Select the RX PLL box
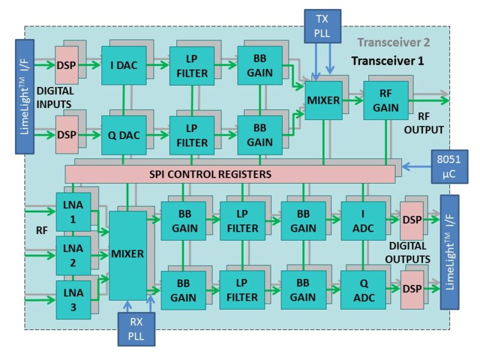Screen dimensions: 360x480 (136, 329)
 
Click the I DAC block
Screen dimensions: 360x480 (124, 66)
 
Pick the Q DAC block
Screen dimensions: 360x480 (124, 135)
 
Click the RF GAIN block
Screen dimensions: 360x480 (385, 100)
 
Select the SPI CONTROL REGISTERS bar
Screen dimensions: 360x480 (230, 175)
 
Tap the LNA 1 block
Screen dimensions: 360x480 (73, 212)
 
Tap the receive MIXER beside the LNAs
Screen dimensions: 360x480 (128, 254)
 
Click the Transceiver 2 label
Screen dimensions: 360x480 (394, 43)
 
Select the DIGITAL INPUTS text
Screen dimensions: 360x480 (55, 98)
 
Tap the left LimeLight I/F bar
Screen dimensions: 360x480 (25, 97)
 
